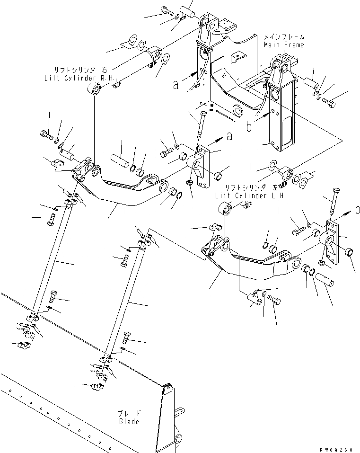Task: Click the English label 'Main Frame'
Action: click(x=284, y=45)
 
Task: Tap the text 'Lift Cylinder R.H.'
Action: click(x=80, y=77)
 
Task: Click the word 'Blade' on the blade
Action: click(x=129, y=421)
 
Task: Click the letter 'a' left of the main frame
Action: click(x=176, y=85)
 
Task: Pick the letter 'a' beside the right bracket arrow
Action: click(x=229, y=136)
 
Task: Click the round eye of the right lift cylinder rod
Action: click(x=95, y=89)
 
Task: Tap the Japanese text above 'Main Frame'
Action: click(x=284, y=36)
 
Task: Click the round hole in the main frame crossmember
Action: click(x=238, y=112)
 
